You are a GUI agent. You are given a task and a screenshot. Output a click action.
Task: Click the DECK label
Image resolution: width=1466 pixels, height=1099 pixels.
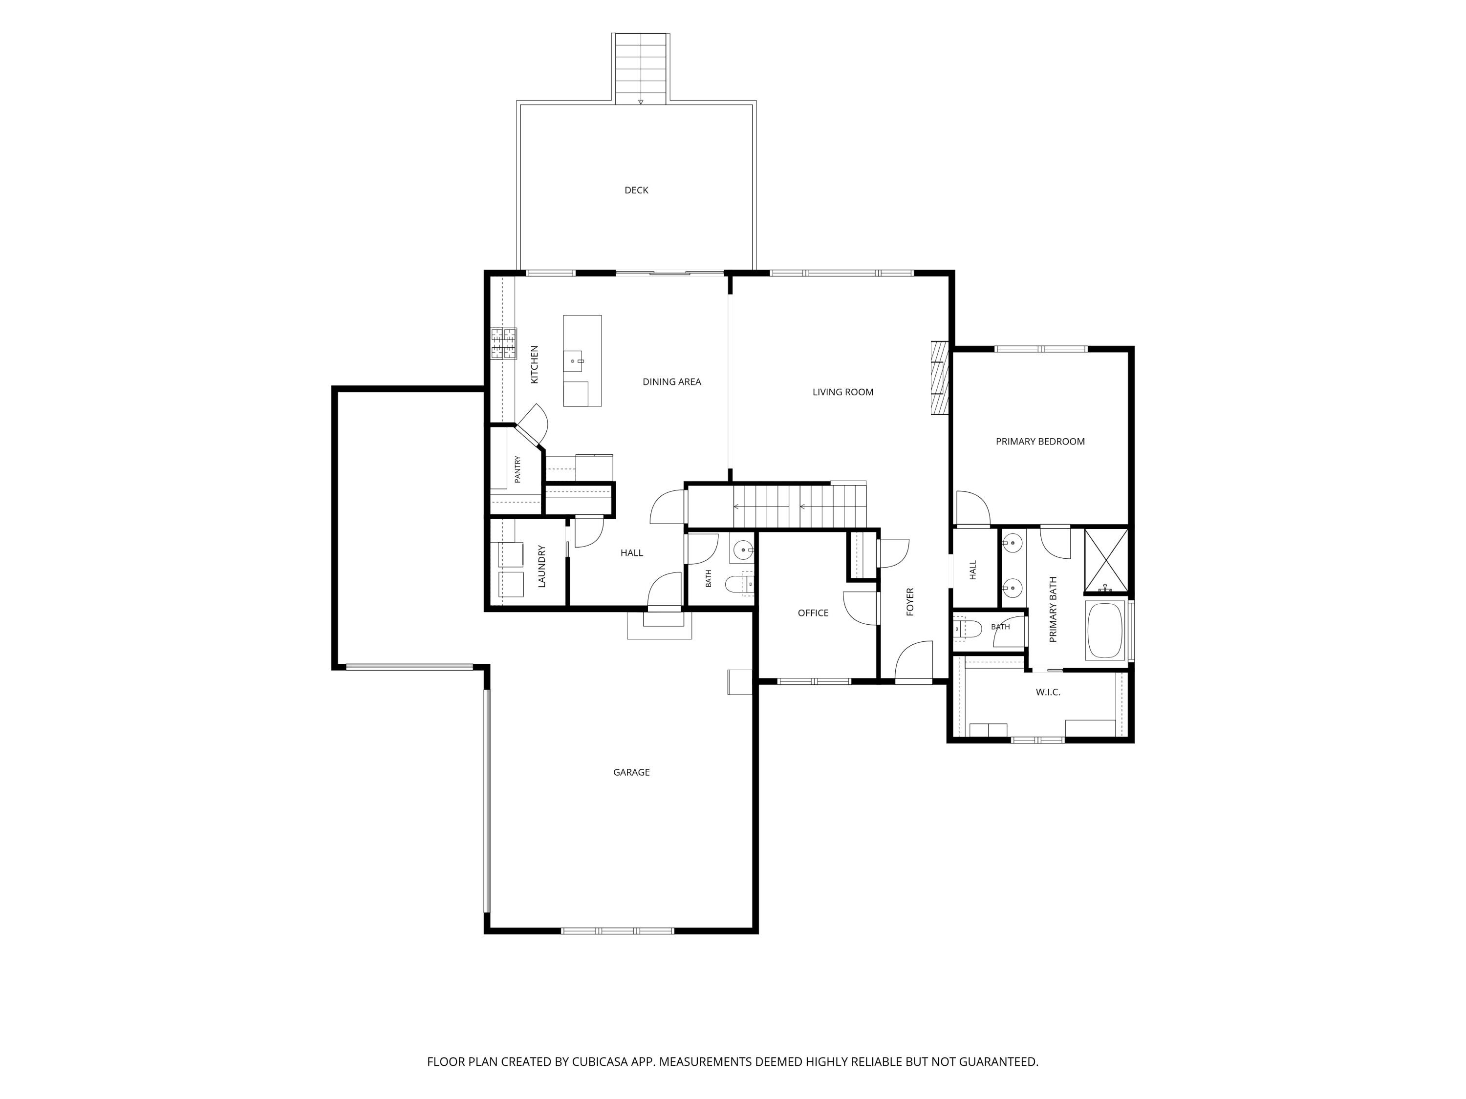[x=636, y=190]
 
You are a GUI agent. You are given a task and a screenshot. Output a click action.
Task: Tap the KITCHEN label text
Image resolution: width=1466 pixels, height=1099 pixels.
[x=534, y=364]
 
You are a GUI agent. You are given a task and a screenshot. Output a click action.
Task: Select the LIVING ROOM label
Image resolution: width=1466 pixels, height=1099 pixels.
[x=843, y=392]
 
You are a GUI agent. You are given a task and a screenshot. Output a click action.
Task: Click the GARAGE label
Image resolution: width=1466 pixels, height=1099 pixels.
[x=631, y=772]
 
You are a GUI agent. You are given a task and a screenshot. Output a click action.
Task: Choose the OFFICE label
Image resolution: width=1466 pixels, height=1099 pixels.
[x=813, y=613]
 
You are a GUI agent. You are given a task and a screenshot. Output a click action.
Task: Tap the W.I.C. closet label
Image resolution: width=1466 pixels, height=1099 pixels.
[x=1048, y=692]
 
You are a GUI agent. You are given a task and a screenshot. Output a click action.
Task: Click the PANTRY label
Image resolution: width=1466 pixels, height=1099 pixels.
[x=517, y=469]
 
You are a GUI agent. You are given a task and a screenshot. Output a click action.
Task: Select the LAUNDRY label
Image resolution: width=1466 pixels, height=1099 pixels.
[x=541, y=567]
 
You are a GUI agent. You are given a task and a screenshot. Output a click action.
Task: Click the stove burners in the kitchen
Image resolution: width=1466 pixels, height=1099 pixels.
[x=504, y=344]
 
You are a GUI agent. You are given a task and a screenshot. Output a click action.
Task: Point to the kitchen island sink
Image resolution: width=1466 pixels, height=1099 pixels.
[x=573, y=361]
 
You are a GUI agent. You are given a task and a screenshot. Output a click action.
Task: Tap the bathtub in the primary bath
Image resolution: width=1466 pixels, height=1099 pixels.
[x=1105, y=631]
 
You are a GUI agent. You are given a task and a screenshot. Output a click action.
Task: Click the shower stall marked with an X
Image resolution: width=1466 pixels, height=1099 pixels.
[x=1105, y=560]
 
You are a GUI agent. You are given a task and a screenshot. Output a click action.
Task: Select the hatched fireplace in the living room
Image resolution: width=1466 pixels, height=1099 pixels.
[x=939, y=378]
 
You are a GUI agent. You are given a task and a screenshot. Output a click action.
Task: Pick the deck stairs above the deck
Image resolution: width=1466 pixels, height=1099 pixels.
[x=640, y=69]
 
